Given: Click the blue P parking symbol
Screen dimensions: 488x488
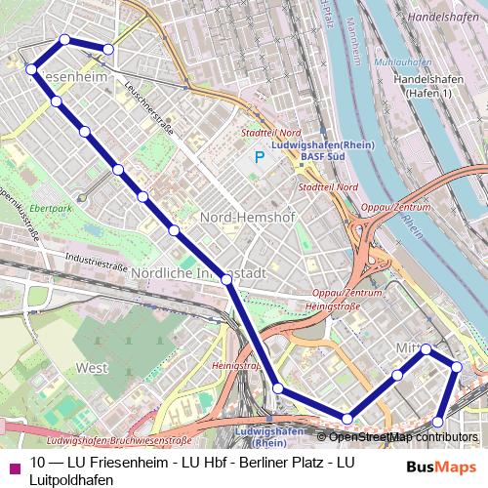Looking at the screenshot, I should pos(260,156).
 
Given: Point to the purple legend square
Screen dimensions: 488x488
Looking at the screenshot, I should pos(13,468).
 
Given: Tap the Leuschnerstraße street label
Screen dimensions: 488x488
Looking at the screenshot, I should pos(146,113).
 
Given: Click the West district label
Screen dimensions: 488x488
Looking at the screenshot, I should pos(91,368).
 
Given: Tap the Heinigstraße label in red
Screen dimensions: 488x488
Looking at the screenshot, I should pos(334,305).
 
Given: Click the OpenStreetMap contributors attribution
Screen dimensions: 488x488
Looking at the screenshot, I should pos(410,436).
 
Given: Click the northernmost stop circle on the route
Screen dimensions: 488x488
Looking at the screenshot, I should pos(65,39).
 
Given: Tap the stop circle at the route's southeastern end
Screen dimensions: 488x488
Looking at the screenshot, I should pos(438,422).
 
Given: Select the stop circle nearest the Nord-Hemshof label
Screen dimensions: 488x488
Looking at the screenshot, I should pos(175,230).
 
